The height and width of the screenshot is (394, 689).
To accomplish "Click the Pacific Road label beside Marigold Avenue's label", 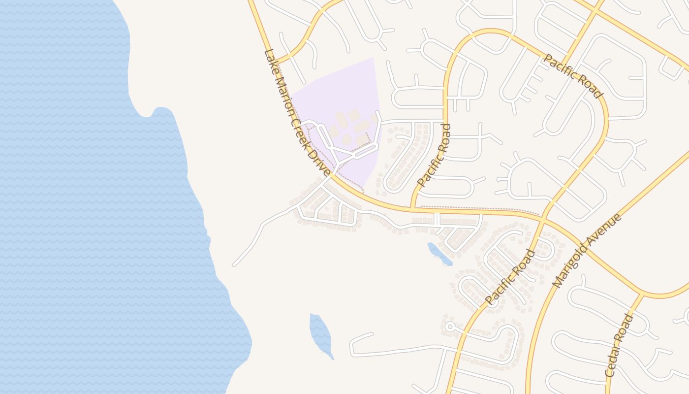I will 510,277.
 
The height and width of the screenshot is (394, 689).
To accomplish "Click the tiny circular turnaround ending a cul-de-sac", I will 449,326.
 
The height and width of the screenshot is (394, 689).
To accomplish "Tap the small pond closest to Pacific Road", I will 439,254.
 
